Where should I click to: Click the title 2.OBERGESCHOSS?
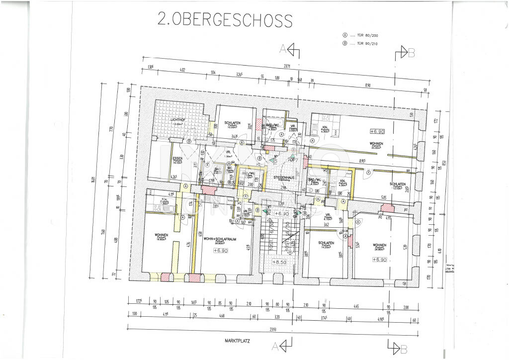tap(225, 19)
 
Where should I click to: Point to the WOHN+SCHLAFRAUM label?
tap(219, 239)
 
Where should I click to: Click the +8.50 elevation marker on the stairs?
tap(278, 262)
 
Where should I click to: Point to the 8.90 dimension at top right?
tap(368, 86)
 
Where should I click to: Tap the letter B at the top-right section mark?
tap(411, 53)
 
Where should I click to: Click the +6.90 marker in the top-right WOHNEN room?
tap(378, 131)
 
